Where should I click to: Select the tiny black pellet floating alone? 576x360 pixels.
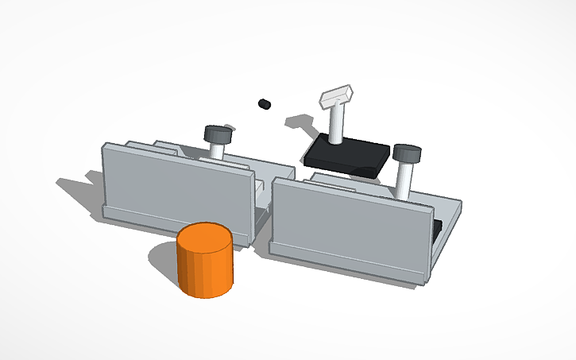pyautogui.click(x=265, y=103)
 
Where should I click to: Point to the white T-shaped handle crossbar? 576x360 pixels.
pyautogui.click(x=337, y=97)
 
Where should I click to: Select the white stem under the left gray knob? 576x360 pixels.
pyautogui.click(x=217, y=150)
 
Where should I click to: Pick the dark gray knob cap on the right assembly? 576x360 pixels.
pyautogui.click(x=406, y=152)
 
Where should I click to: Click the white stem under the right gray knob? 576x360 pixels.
pyautogui.click(x=404, y=180)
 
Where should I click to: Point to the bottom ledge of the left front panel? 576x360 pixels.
pyautogui.click(x=175, y=223)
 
